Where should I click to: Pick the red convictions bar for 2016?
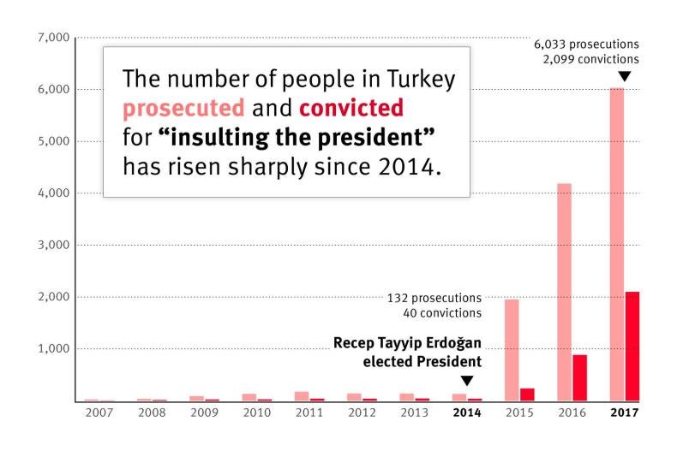tap(580, 377)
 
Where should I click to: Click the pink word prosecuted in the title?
tap(183, 109)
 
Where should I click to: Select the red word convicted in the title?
tap(351, 109)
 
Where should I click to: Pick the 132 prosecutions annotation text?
tap(434, 298)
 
